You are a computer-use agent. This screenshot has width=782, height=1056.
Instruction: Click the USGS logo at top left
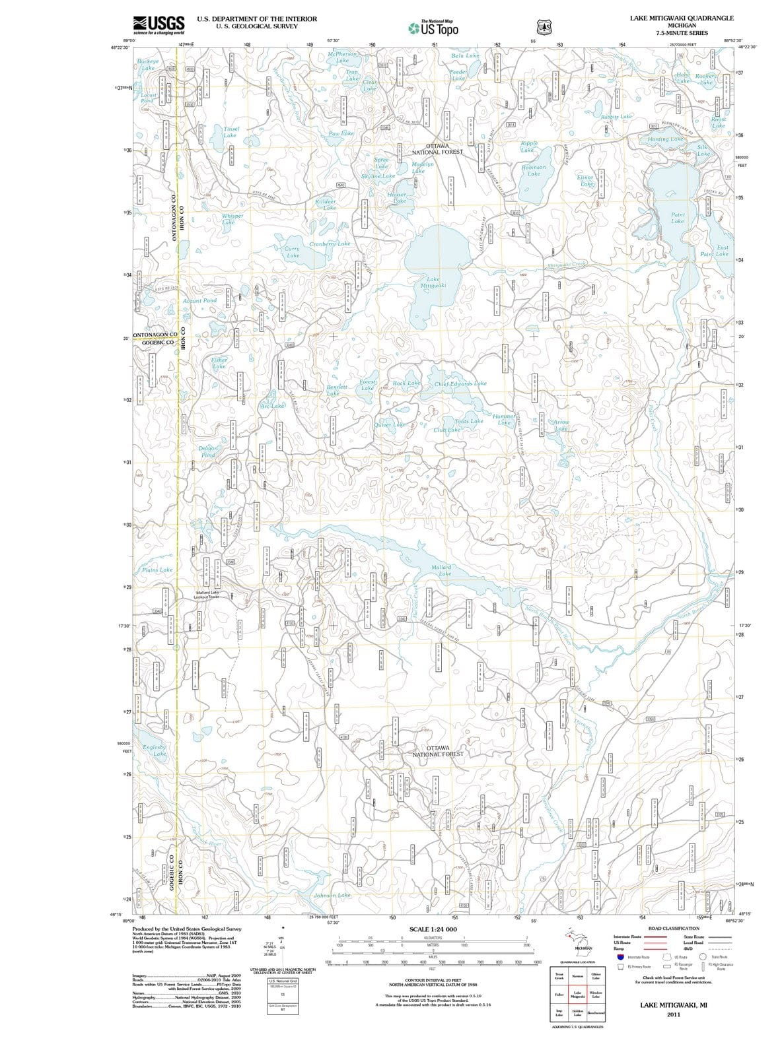158,24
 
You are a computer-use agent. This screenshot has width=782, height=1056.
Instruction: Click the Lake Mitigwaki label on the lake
433,282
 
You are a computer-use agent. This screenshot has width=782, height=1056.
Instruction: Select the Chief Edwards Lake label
460,383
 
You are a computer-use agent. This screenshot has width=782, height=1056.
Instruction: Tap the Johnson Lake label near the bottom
332,895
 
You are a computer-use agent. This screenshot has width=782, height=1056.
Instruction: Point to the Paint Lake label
678,218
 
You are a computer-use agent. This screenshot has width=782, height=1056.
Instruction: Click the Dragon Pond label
207,451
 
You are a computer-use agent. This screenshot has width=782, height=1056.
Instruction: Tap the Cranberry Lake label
330,244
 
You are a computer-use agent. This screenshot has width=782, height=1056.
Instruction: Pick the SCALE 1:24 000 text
433,929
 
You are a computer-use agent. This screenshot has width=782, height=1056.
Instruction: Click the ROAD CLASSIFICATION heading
674,927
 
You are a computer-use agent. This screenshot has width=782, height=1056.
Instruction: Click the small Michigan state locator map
577,939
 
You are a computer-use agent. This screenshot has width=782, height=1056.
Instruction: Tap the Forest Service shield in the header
544,26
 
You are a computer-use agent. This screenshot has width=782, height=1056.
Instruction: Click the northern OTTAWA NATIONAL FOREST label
438,148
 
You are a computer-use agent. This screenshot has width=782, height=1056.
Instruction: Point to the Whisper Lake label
232,218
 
